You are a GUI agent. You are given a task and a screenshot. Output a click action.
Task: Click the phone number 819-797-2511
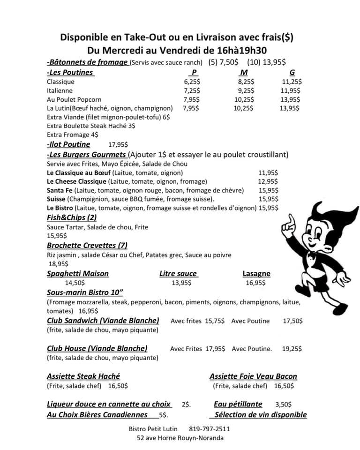click(x=210, y=428)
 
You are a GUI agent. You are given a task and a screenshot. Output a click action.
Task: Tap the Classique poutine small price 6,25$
click(x=192, y=82)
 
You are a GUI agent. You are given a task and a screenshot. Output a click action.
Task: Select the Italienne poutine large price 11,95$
click(x=291, y=90)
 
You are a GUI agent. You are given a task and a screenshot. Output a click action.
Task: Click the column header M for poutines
click(x=244, y=73)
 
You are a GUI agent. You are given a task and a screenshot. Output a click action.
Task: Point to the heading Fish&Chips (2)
click(x=72, y=217)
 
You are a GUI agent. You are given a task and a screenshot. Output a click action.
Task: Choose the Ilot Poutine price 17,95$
click(x=118, y=145)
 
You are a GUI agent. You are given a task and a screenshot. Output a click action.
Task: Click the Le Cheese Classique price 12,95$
click(x=268, y=181)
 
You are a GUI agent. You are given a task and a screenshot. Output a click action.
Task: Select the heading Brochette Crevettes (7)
click(x=87, y=245)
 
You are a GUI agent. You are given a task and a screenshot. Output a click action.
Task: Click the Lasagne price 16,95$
click(x=255, y=283)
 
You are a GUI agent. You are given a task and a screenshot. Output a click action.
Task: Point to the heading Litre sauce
click(x=178, y=273)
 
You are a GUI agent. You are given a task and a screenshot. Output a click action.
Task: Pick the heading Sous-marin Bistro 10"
click(x=85, y=292)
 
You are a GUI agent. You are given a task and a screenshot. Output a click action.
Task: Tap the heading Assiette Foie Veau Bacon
click(x=253, y=376)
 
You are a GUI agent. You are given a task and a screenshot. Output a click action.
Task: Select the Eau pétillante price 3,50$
click(x=284, y=404)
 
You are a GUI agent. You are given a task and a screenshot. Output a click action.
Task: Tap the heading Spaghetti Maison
click(x=78, y=273)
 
